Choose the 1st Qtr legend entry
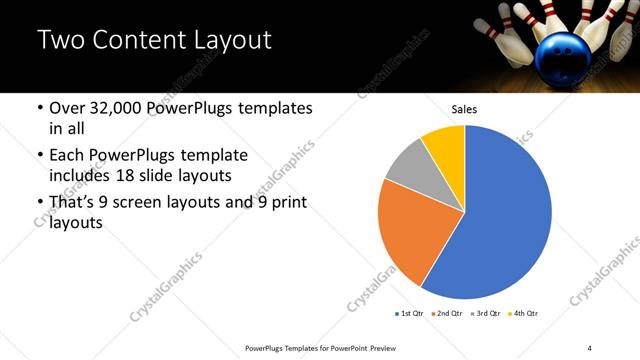click(x=410, y=314)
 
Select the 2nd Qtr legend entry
click(x=447, y=314)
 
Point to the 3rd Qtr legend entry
click(x=484, y=314)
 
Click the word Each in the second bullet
click(x=67, y=156)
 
